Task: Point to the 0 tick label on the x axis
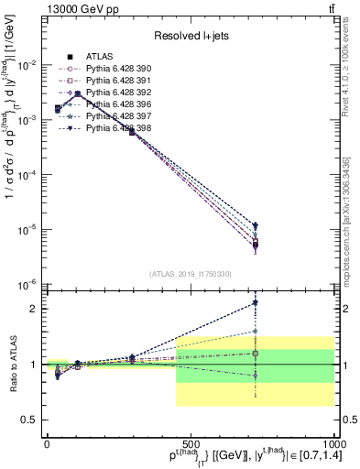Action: click(x=47, y=442)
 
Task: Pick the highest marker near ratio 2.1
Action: click(x=256, y=302)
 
